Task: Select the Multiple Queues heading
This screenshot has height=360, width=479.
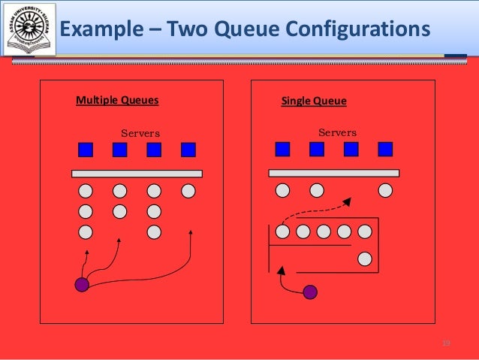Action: tap(117, 100)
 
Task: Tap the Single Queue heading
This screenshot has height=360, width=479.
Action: tap(314, 101)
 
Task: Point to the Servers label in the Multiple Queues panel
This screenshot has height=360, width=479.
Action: tap(140, 134)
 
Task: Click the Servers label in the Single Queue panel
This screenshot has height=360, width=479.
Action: tap(337, 133)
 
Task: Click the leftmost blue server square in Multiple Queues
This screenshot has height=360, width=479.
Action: tap(86, 150)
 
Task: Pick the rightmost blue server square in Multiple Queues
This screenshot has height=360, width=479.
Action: tap(188, 150)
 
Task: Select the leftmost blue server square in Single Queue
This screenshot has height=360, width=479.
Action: tap(282, 149)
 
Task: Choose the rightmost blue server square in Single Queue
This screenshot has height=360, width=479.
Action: tap(385, 149)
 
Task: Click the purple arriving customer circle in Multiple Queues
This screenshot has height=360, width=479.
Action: tap(82, 284)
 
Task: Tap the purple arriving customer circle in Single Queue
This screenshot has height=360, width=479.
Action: tap(309, 292)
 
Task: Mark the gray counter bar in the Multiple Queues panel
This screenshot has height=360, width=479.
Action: tap(137, 174)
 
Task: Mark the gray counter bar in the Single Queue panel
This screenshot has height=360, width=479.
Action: tap(333, 173)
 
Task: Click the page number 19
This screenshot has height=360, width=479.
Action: tap(446, 343)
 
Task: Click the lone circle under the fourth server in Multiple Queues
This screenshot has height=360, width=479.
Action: tap(188, 191)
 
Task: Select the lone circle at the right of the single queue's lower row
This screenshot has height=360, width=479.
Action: tap(365, 259)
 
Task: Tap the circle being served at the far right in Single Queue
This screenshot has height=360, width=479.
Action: tap(385, 190)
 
